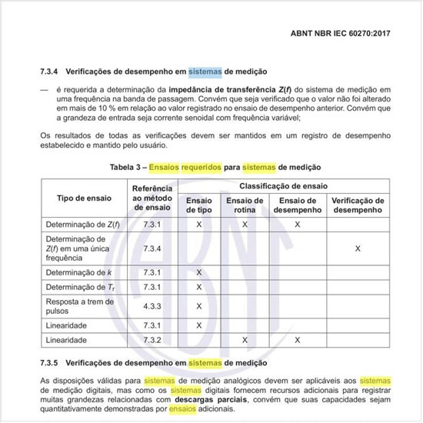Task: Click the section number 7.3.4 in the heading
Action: [50, 72]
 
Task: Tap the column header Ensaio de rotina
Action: [245, 205]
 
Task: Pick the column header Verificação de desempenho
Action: [358, 205]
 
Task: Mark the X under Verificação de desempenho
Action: [358, 248]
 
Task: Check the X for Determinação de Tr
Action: [199, 287]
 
